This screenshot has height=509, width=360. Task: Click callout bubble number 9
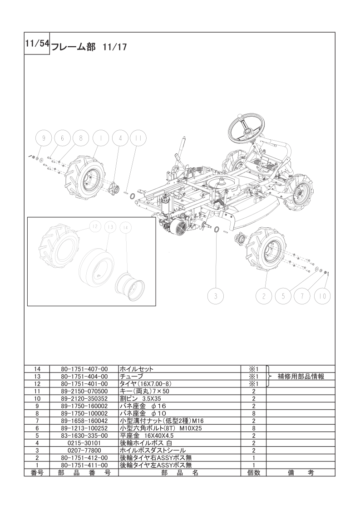click(x=44, y=138)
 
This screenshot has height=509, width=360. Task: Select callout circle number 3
click(x=216, y=296)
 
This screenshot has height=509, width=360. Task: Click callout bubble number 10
click(x=322, y=296)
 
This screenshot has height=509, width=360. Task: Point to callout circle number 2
click(x=263, y=296)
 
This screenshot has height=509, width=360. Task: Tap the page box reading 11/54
click(x=37, y=44)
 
